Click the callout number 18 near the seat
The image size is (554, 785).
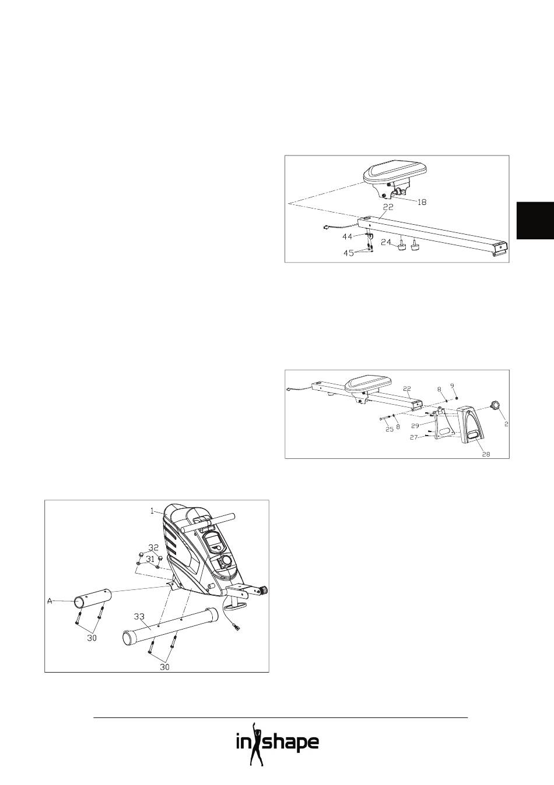[x=422, y=202]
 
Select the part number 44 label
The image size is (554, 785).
[x=348, y=237]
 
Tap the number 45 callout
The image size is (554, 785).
[x=348, y=253]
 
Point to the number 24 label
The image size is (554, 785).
[x=386, y=242]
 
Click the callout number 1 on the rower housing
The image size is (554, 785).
[x=152, y=511]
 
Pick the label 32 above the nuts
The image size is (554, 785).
[x=153, y=547]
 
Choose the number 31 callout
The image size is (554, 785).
[x=150, y=558]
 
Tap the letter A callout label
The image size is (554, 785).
[x=50, y=601]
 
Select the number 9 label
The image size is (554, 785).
[x=452, y=386]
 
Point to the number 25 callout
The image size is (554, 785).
[x=390, y=429]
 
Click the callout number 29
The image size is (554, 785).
[x=415, y=426]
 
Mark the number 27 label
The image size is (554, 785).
[x=414, y=437]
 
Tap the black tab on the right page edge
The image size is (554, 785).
[x=535, y=221]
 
